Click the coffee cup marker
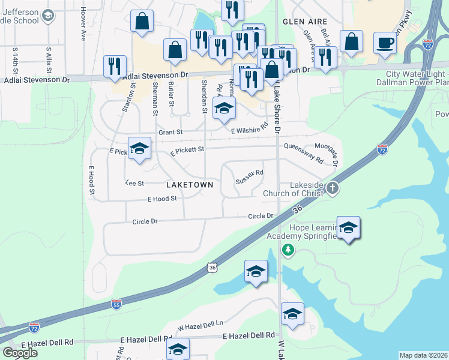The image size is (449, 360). (x=385, y=43)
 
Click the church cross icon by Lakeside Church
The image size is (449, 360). (x=333, y=189)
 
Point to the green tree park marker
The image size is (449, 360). (x=289, y=249)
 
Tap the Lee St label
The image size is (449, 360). (x=134, y=182)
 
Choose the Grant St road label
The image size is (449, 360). (x=170, y=132)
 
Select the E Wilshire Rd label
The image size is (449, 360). (x=249, y=129)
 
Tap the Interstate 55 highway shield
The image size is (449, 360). (x=116, y=304)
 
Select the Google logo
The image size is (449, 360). (x=20, y=353)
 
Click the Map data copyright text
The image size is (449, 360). (x=423, y=355)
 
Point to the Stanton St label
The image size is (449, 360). (x=128, y=100)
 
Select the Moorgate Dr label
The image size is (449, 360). (x=335, y=155)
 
